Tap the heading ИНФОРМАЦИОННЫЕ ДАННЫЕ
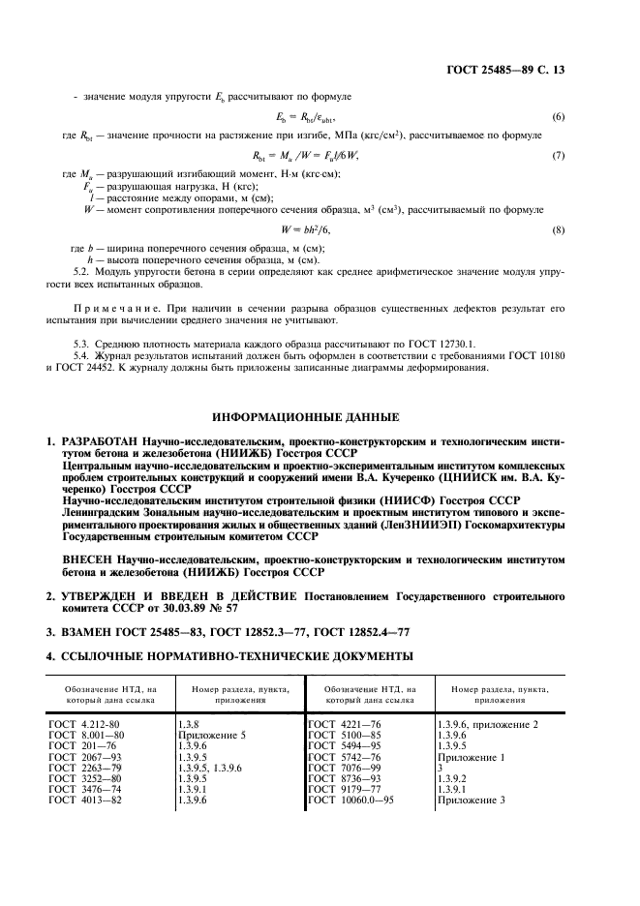pos(319,417)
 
